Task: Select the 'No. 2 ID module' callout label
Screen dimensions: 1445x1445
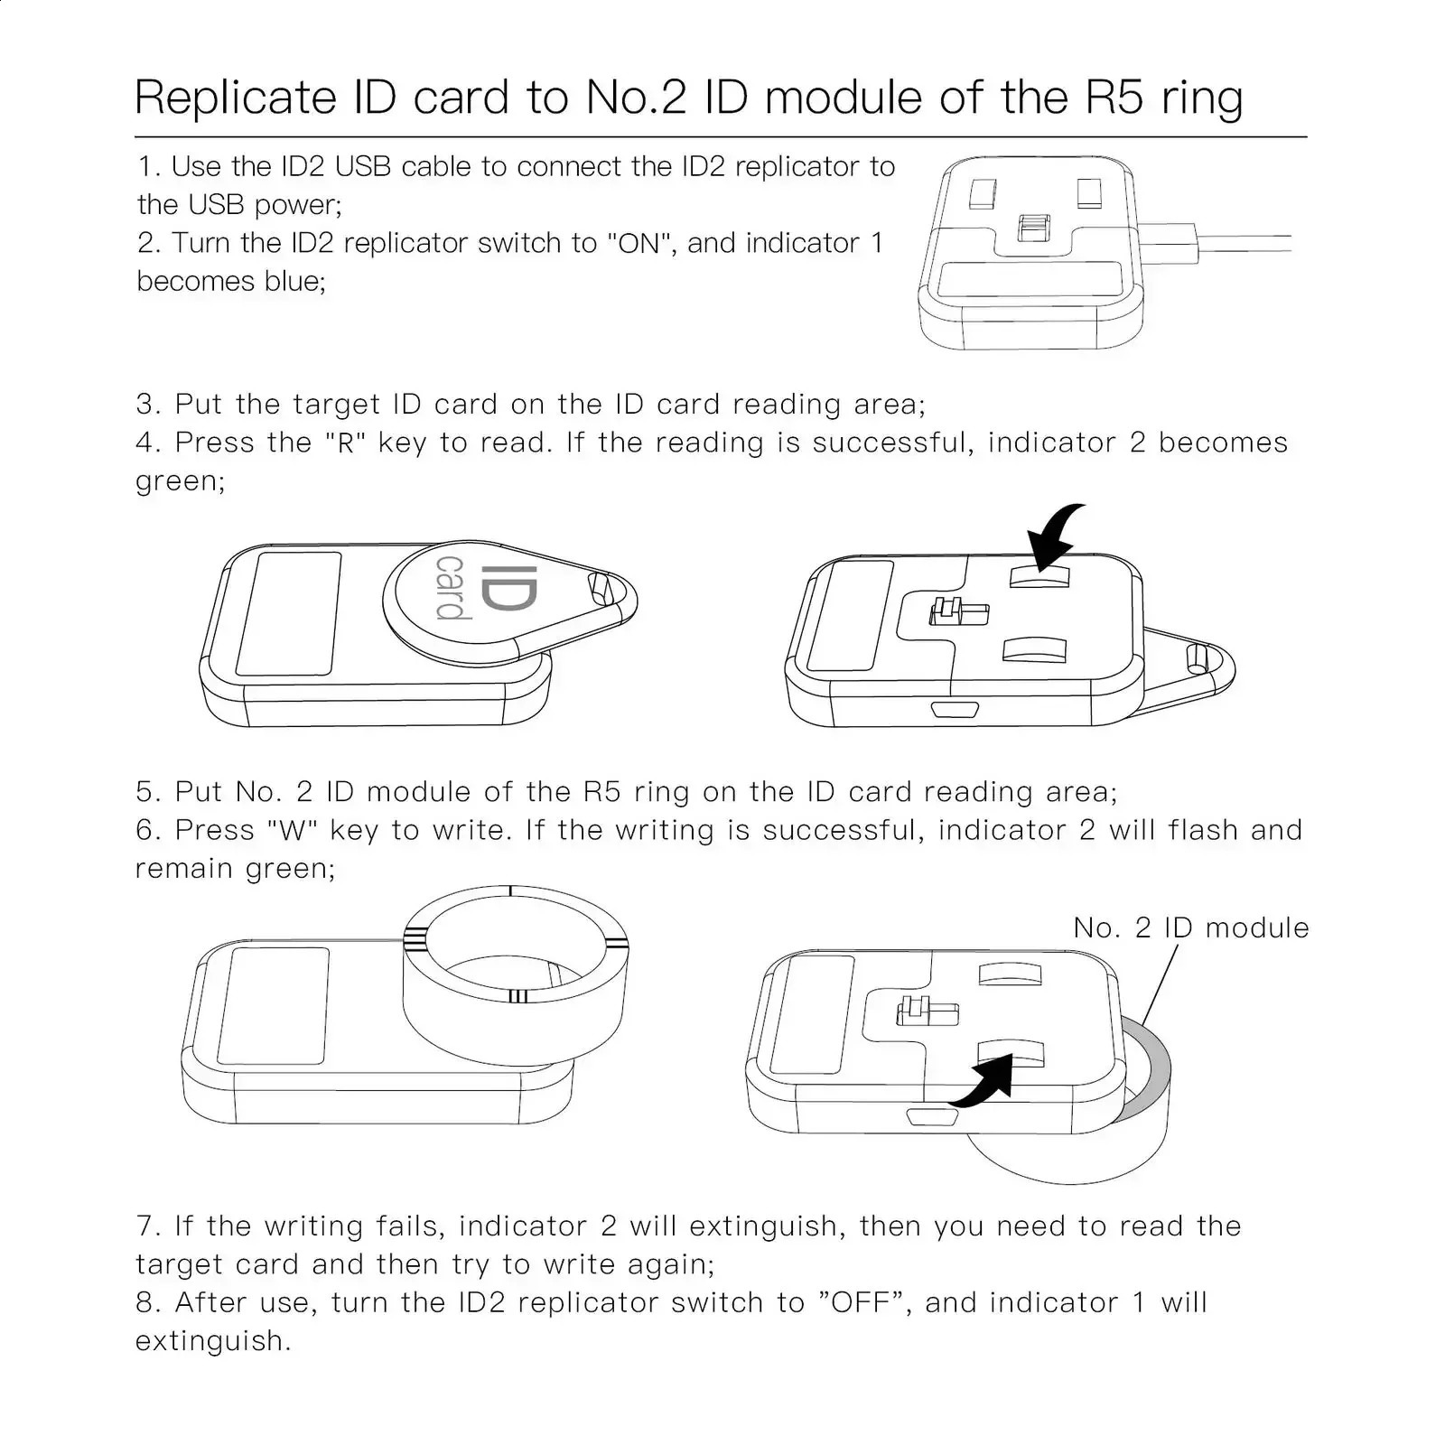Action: (x=1190, y=928)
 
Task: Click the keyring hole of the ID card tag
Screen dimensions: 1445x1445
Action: (x=599, y=588)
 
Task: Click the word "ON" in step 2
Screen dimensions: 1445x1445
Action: (x=639, y=243)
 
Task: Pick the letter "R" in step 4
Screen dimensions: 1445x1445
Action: (x=345, y=443)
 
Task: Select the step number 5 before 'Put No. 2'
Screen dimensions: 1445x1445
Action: (x=146, y=792)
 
